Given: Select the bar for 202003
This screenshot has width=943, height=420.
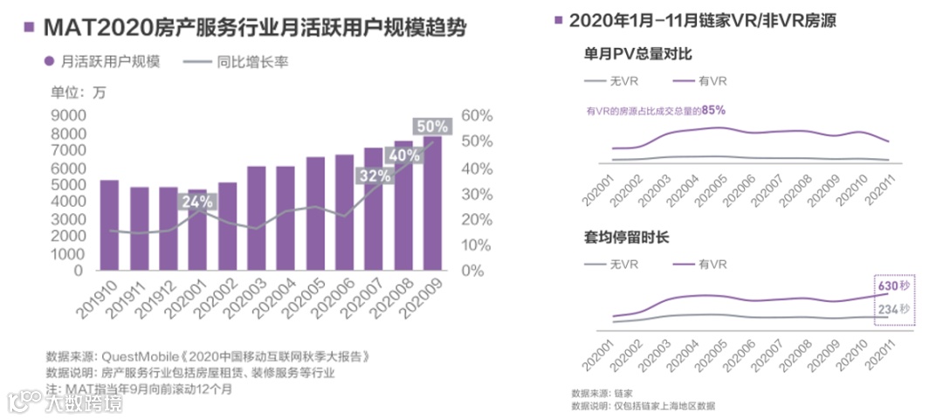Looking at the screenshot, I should (256, 218).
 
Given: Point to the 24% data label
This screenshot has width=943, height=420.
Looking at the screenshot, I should (197, 203).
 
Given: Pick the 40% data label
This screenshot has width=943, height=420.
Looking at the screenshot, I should (403, 155).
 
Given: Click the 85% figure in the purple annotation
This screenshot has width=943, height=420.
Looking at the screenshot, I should (713, 110).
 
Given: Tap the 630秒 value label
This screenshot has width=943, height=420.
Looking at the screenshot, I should (894, 286).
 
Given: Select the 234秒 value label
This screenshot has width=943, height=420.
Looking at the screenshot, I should (894, 310).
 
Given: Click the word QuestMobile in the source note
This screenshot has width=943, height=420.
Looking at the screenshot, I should (141, 356).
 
